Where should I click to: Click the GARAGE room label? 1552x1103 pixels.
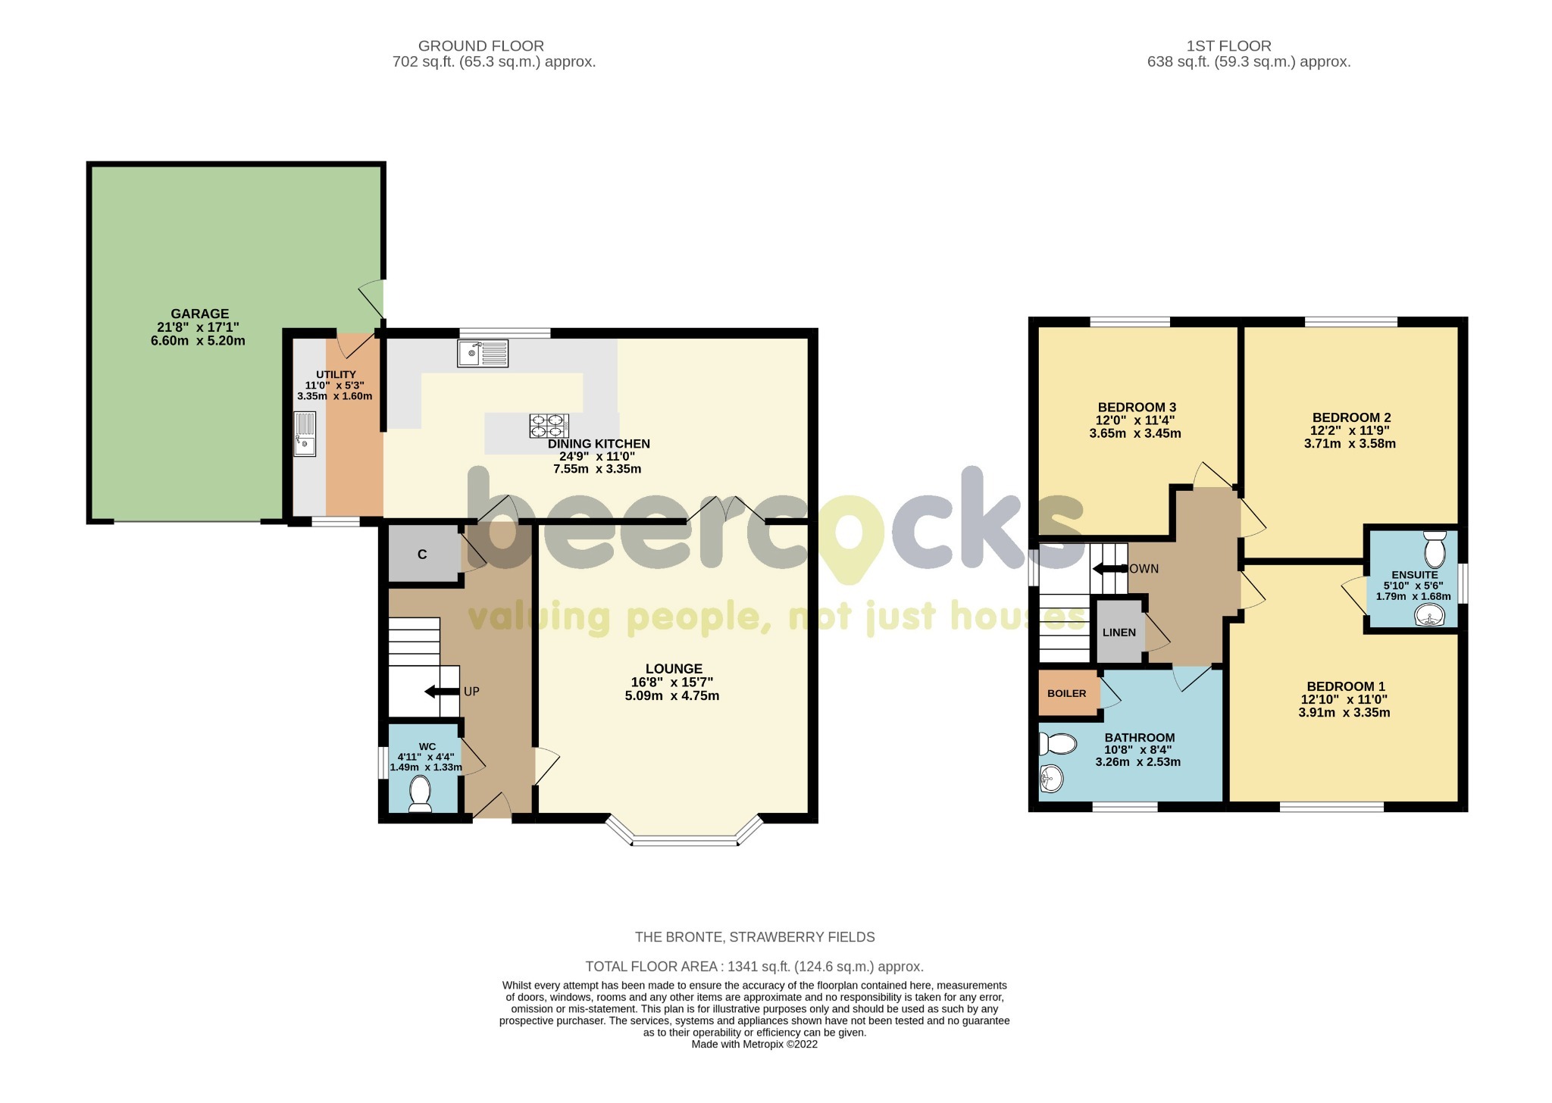(199, 314)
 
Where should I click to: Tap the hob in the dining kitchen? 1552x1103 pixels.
(549, 426)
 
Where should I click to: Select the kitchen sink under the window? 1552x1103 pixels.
(483, 353)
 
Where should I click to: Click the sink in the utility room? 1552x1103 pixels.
(305, 433)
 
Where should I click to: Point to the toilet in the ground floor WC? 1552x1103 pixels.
(419, 795)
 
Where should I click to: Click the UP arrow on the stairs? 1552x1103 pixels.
(440, 691)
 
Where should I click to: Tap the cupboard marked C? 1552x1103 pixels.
(422, 555)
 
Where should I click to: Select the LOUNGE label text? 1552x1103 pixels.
(674, 669)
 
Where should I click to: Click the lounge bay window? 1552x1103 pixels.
(684, 839)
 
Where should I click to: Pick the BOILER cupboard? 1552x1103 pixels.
(1067, 693)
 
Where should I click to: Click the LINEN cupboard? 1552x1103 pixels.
(1119, 632)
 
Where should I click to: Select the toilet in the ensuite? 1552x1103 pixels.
(1435, 551)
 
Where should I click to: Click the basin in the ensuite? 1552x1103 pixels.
(1429, 617)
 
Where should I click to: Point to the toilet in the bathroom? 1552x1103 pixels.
(1058, 744)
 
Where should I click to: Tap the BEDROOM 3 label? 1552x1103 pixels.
(1126, 408)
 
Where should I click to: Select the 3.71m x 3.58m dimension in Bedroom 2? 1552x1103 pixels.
(1350, 444)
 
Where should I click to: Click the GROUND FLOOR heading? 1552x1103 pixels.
(480, 46)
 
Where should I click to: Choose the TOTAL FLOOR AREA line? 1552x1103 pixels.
(754, 967)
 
